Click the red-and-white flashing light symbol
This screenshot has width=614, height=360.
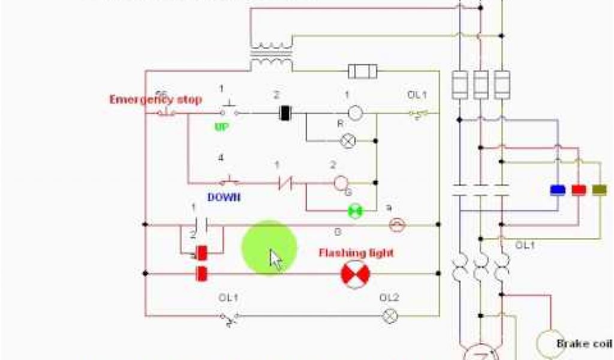click(356, 274)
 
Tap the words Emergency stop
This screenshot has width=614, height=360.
click(155, 100)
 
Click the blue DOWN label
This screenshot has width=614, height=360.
click(224, 197)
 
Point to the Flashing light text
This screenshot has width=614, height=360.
click(356, 253)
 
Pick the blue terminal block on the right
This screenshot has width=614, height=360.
click(558, 190)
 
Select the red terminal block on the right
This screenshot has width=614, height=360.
click(579, 190)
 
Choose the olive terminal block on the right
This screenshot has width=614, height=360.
click(599, 190)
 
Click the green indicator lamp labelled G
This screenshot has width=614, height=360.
click(356, 211)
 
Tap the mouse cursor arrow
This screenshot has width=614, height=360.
click(276, 260)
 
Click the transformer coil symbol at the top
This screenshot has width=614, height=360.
click(272, 54)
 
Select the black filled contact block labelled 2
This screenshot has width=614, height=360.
click(285, 112)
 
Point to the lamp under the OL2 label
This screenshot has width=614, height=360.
click(390, 314)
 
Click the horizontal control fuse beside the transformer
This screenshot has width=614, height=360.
click(363, 72)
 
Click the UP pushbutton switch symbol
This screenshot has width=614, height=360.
click(227, 110)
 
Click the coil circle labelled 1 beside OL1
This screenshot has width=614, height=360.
click(356, 112)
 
